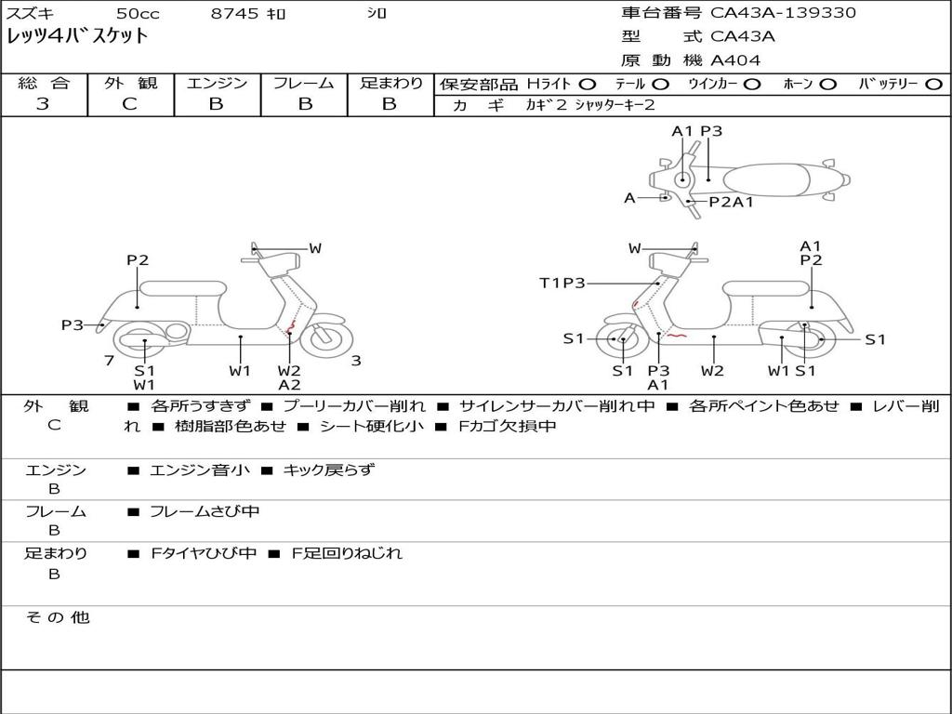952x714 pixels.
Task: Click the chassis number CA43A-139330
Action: click(x=783, y=13)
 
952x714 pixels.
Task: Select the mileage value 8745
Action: click(x=234, y=14)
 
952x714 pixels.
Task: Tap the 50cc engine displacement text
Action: click(x=138, y=14)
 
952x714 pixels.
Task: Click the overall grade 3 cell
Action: click(x=43, y=104)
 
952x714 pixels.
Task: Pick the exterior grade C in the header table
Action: click(x=129, y=104)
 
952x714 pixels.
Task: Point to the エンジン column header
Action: click(x=217, y=83)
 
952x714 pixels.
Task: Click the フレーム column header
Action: click(x=303, y=83)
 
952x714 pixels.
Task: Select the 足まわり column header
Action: click(x=390, y=83)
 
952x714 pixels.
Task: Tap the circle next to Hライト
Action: click(x=588, y=84)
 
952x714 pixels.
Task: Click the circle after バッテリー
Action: click(x=933, y=84)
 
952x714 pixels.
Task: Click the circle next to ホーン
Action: click(x=827, y=84)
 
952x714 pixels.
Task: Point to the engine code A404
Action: click(x=735, y=60)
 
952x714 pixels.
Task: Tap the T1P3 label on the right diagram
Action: click(x=562, y=283)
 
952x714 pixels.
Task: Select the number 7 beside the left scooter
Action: click(x=109, y=360)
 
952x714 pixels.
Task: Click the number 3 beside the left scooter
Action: click(x=355, y=361)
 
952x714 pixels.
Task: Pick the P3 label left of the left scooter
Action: click(x=73, y=324)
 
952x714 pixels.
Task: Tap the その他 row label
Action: click(x=57, y=617)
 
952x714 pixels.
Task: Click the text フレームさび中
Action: click(x=205, y=511)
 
